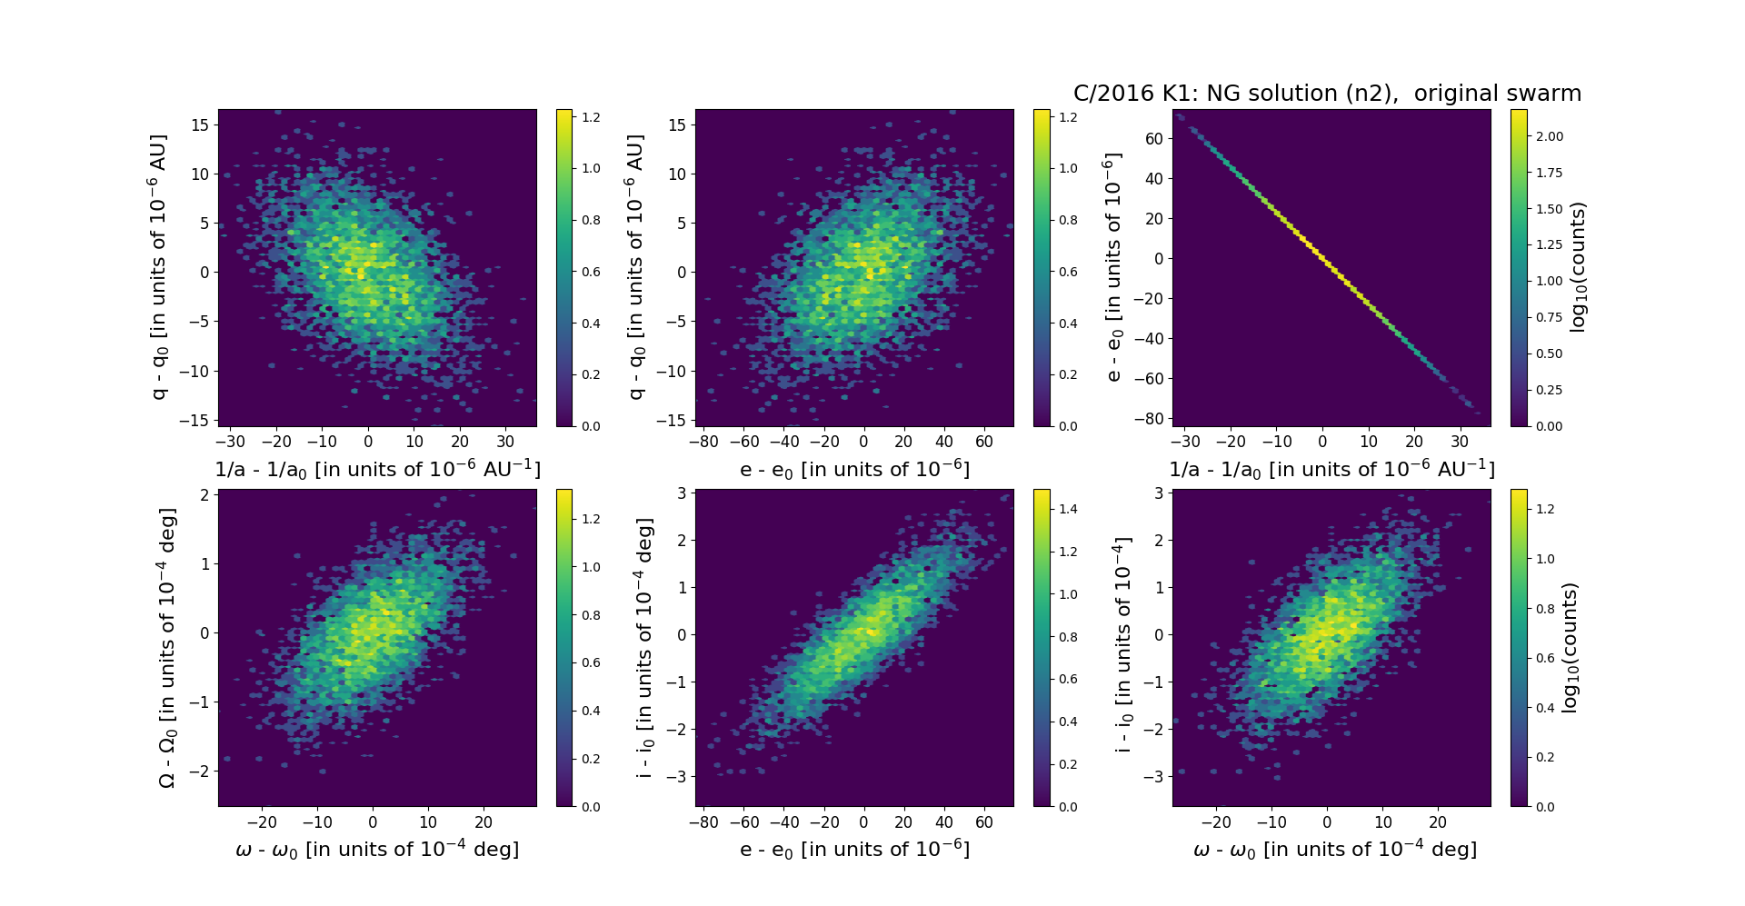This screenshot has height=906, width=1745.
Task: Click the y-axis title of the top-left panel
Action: (159, 267)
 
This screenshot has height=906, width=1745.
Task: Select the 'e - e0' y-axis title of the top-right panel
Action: (1113, 267)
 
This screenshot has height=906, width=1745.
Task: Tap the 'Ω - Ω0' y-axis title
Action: (167, 648)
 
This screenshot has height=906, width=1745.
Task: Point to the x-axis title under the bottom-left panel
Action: (377, 850)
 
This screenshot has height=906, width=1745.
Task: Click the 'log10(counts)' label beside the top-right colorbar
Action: (1578, 267)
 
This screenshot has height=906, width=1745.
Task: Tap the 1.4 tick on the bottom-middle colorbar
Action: (1069, 509)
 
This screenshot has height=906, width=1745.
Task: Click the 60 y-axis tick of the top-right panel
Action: (1154, 138)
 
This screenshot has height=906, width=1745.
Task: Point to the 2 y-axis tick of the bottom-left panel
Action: (205, 494)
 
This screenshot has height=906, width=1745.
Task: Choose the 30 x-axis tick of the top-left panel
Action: (505, 442)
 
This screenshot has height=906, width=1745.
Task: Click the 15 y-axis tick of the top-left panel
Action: (200, 124)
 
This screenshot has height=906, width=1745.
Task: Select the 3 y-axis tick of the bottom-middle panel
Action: (683, 493)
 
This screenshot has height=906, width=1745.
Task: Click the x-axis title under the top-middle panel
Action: (854, 470)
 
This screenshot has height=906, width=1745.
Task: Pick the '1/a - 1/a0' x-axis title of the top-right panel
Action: (1331, 470)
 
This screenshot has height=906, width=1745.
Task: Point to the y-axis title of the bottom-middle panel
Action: (645, 648)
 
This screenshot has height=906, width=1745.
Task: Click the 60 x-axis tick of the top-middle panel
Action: (984, 442)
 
